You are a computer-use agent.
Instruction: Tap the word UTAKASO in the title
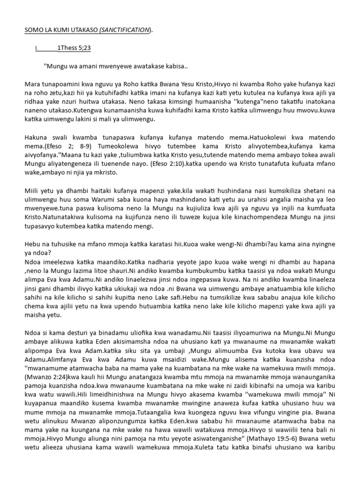82,30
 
